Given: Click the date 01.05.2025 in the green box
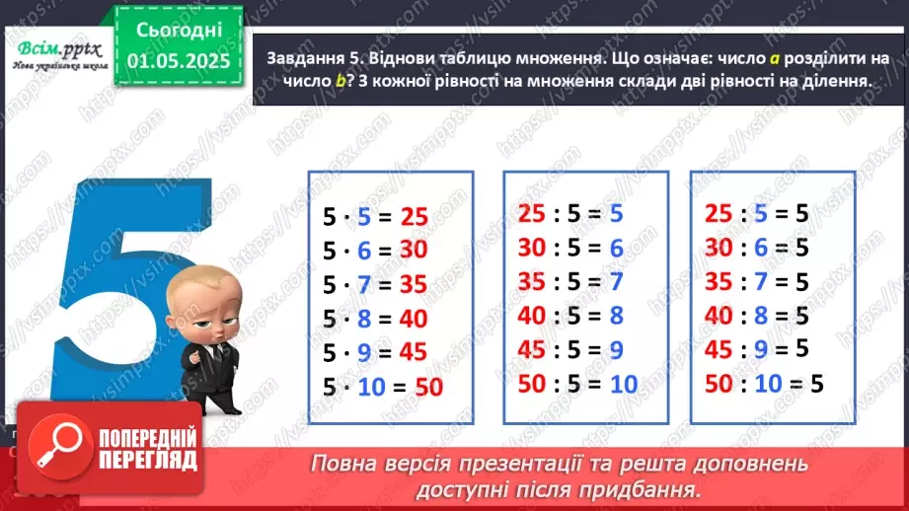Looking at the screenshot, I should (179, 61).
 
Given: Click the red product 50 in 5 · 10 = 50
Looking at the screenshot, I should (429, 388).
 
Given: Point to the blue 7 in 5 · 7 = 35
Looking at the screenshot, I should (364, 285).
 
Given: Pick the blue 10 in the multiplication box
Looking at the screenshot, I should (371, 388).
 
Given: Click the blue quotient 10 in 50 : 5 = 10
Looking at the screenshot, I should (624, 383).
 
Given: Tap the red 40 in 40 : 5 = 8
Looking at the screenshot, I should (532, 316).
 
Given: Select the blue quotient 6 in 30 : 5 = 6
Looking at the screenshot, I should (617, 248).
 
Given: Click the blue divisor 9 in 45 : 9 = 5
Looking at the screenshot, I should (760, 348).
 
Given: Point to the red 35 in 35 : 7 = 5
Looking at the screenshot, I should (720, 281).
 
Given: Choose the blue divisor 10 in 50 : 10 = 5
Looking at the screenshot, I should (766, 383).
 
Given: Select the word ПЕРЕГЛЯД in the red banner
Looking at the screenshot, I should (148, 460).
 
